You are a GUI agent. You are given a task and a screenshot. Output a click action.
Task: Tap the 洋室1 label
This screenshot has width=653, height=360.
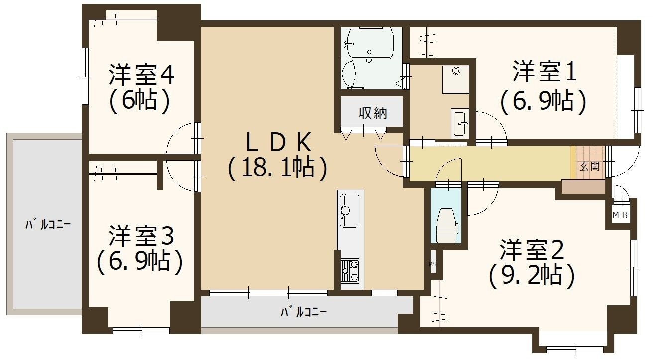[544, 73]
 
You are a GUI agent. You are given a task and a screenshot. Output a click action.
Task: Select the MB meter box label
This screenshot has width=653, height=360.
[619, 216]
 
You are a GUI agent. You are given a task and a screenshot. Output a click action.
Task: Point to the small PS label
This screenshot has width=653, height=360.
[432, 264]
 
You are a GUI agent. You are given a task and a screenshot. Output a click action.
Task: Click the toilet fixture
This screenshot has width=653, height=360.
[446, 223]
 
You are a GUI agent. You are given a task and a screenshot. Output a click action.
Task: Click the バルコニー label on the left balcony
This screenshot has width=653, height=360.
[48, 225]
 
